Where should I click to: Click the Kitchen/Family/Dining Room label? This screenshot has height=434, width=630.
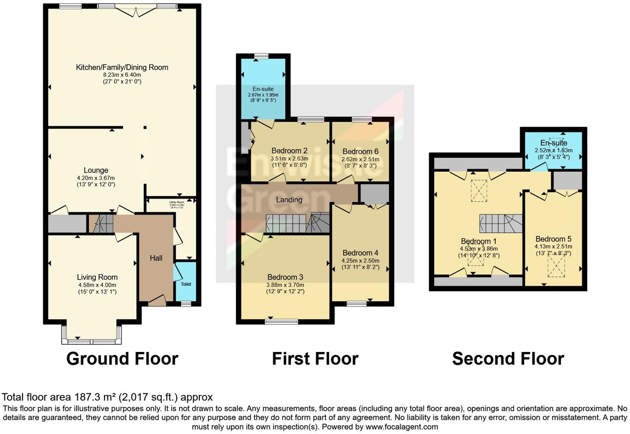coord(122,67)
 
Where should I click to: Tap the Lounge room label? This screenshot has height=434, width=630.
coord(96,170)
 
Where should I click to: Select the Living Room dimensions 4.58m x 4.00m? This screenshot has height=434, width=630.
coord(97,285)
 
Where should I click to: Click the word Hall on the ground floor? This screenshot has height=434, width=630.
coord(156,258)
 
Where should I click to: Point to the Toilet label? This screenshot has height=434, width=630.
coord(186,284)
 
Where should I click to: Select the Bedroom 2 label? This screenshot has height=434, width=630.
coord(289,151)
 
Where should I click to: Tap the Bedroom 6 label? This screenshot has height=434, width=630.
coord(360,152)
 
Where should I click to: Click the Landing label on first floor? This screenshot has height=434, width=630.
coord(289,200)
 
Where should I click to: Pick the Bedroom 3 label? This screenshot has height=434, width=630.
coord(285,277)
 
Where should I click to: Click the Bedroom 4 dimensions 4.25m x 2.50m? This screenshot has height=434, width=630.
coord(360,260)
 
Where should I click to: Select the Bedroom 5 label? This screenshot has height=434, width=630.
coord(553,239)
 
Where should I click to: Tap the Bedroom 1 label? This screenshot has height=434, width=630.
coord(479,241)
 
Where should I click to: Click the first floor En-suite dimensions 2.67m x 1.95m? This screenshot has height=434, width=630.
coord(263,95)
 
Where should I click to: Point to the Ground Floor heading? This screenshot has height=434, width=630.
coord(122,359)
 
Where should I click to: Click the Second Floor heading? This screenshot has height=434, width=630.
coord(508,359)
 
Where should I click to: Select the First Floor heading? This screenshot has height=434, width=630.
coord(315,359)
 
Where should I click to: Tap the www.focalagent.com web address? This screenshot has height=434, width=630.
coord(402,427)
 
